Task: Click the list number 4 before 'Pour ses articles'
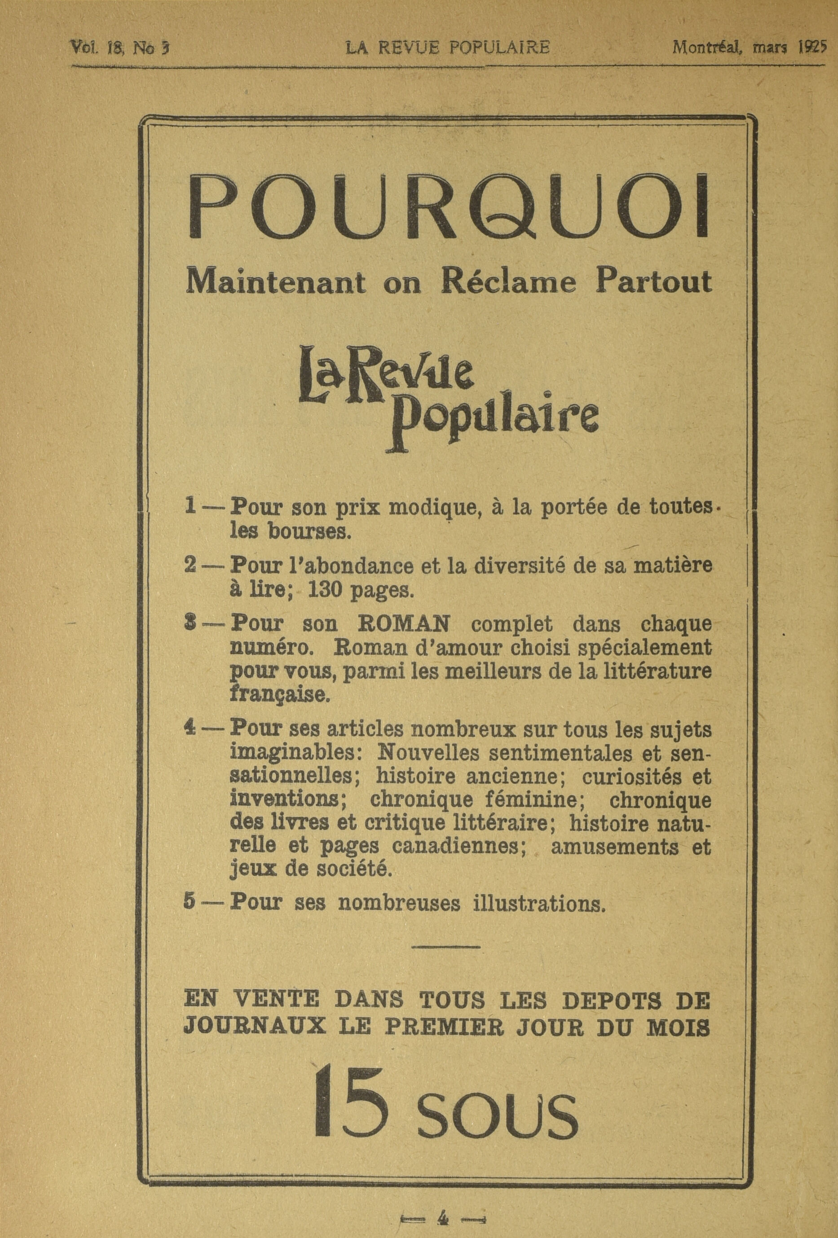tap(189, 729)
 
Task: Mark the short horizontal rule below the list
tap(446, 947)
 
